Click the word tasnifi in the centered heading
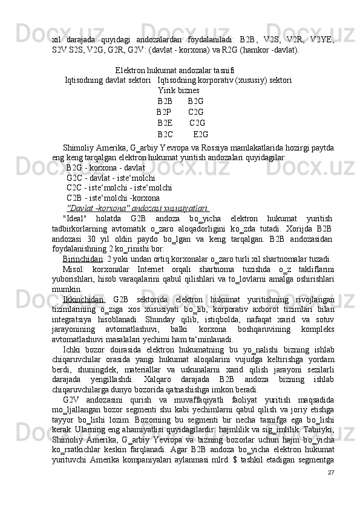click(x=222, y=69)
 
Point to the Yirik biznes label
click(x=178, y=90)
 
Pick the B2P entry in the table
click(x=163, y=112)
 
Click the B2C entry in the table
click(x=165, y=134)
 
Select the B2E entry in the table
click(x=165, y=123)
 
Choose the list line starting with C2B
click(x=113, y=198)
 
